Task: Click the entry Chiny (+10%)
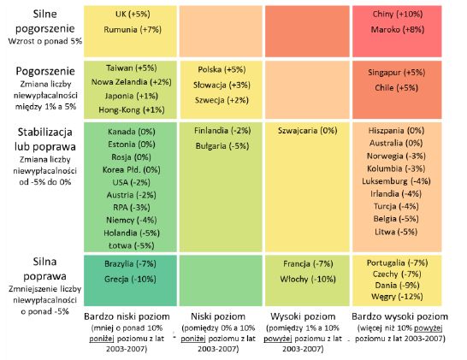[x=398, y=14]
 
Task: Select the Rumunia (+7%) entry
[x=133, y=29]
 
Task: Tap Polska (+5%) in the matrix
[x=222, y=69]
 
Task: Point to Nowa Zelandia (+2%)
[x=132, y=82]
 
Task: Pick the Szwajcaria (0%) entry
[x=307, y=131]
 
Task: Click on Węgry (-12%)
[x=397, y=297]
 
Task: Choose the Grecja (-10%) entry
[x=130, y=280]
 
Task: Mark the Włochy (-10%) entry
[x=308, y=280]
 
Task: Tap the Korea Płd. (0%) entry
[x=132, y=169]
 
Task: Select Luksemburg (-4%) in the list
[x=396, y=181]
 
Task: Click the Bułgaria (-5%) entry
[x=222, y=146]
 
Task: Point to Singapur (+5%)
[x=396, y=73]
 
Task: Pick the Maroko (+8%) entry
[x=398, y=29]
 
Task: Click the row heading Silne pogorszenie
[x=45, y=21]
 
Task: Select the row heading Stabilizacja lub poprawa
[x=45, y=139]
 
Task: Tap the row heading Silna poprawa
[x=44, y=269]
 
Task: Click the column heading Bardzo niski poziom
[x=127, y=316]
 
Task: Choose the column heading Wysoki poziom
[x=303, y=316]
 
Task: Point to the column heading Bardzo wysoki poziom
[x=399, y=316]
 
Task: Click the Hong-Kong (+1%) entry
[x=132, y=109]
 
